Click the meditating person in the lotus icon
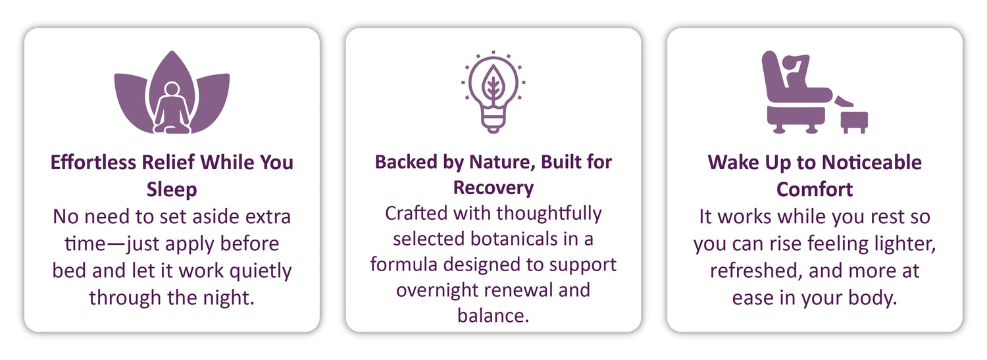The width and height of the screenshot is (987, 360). [x=172, y=109]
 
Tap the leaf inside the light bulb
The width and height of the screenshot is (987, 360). [x=493, y=83]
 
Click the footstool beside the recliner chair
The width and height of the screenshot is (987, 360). [x=854, y=122]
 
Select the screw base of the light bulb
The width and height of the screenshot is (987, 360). [x=493, y=120]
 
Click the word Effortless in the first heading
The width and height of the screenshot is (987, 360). [x=93, y=162]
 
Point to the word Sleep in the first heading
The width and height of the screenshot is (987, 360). [x=172, y=190]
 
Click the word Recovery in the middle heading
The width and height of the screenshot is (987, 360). [x=493, y=188]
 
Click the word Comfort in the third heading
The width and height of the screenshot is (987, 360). [x=815, y=190]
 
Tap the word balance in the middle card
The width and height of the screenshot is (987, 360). [x=493, y=315]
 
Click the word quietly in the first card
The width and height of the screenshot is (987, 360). [x=261, y=271]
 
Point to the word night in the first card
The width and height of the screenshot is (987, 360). [x=228, y=298]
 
